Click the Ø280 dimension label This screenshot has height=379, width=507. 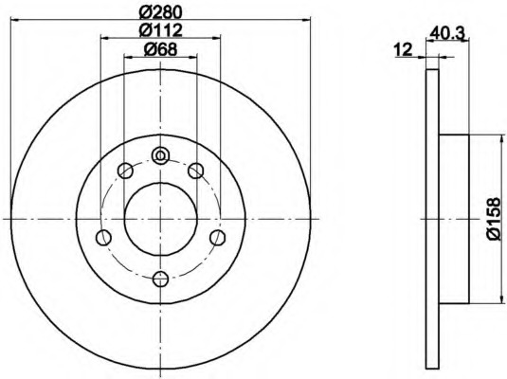click(x=161, y=12)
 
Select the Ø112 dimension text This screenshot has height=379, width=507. click(x=161, y=30)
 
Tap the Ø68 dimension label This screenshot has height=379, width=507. click(x=161, y=49)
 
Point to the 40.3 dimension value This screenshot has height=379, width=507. click(x=447, y=33)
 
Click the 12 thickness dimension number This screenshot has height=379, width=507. click(x=403, y=50)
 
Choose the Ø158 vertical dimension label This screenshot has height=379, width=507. click(x=494, y=219)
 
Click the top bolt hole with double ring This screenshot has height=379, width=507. click(x=160, y=156)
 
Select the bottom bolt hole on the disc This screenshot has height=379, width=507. click(x=160, y=280)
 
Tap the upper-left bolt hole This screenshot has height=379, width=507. click(x=125, y=171)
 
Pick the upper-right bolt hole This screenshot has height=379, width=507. click(x=195, y=171)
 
